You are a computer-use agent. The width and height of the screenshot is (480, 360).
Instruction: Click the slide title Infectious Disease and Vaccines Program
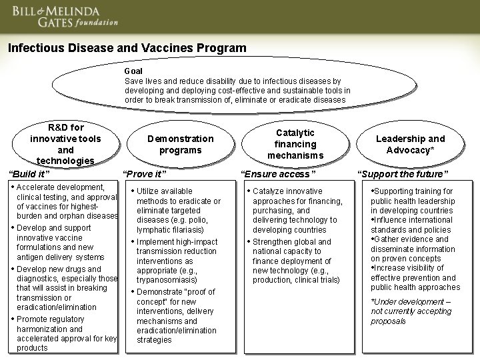[127, 49]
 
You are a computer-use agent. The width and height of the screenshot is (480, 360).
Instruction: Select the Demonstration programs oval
[180, 145]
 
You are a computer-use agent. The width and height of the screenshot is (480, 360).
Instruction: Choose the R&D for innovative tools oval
[66, 143]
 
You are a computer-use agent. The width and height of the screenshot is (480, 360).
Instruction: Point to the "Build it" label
[29, 175]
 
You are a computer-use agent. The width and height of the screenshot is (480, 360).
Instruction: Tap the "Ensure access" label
[277, 175]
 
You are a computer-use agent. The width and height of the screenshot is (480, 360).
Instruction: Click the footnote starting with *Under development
[411, 311]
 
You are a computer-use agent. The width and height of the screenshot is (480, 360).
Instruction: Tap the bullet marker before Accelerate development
[13, 187]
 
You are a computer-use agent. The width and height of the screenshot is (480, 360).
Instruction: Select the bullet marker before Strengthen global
[249, 241]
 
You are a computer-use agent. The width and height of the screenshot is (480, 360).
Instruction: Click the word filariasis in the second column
[186, 230]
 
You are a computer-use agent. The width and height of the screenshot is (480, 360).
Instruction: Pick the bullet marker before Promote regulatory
[13, 318]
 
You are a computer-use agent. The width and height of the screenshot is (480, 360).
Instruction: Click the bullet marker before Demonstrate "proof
[133, 292]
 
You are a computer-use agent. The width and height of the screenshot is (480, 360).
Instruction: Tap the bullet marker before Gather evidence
[373, 239]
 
